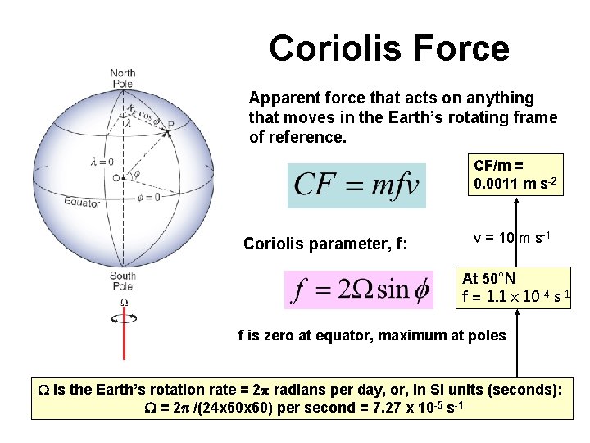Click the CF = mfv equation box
(x=357, y=185)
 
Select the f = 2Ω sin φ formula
(x=359, y=290)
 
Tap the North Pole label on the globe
(x=123, y=79)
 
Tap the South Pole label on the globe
(x=123, y=281)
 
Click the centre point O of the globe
(x=120, y=176)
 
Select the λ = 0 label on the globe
(x=102, y=162)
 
